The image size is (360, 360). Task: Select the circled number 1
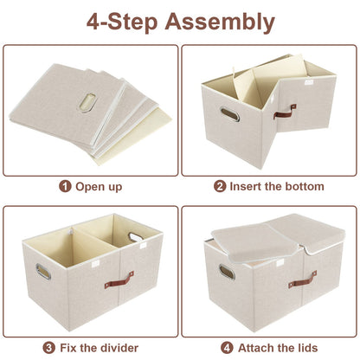(x=64, y=186)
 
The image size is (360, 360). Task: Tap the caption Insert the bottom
(x=275, y=186)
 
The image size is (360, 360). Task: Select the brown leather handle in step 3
(x=119, y=279)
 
